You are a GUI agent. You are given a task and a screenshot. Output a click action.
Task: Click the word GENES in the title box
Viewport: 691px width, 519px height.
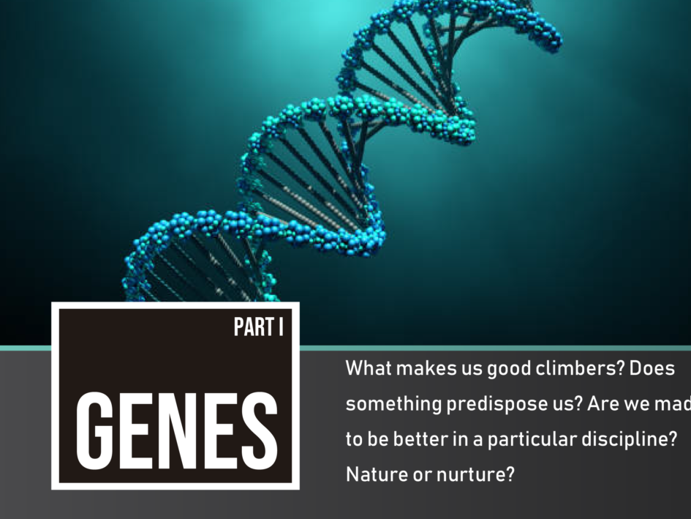[177, 430]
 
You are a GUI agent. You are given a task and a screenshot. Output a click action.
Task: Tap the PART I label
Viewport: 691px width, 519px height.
[259, 327]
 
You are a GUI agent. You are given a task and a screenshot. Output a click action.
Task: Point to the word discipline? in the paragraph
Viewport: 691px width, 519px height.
[629, 439]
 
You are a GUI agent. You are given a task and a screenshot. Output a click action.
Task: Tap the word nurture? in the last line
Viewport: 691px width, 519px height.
[475, 474]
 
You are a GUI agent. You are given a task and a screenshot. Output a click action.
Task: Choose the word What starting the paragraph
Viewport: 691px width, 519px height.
[369, 368]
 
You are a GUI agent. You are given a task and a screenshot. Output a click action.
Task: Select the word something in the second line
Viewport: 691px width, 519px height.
[393, 404]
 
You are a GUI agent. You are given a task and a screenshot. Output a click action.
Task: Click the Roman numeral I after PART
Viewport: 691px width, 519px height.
[282, 327]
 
